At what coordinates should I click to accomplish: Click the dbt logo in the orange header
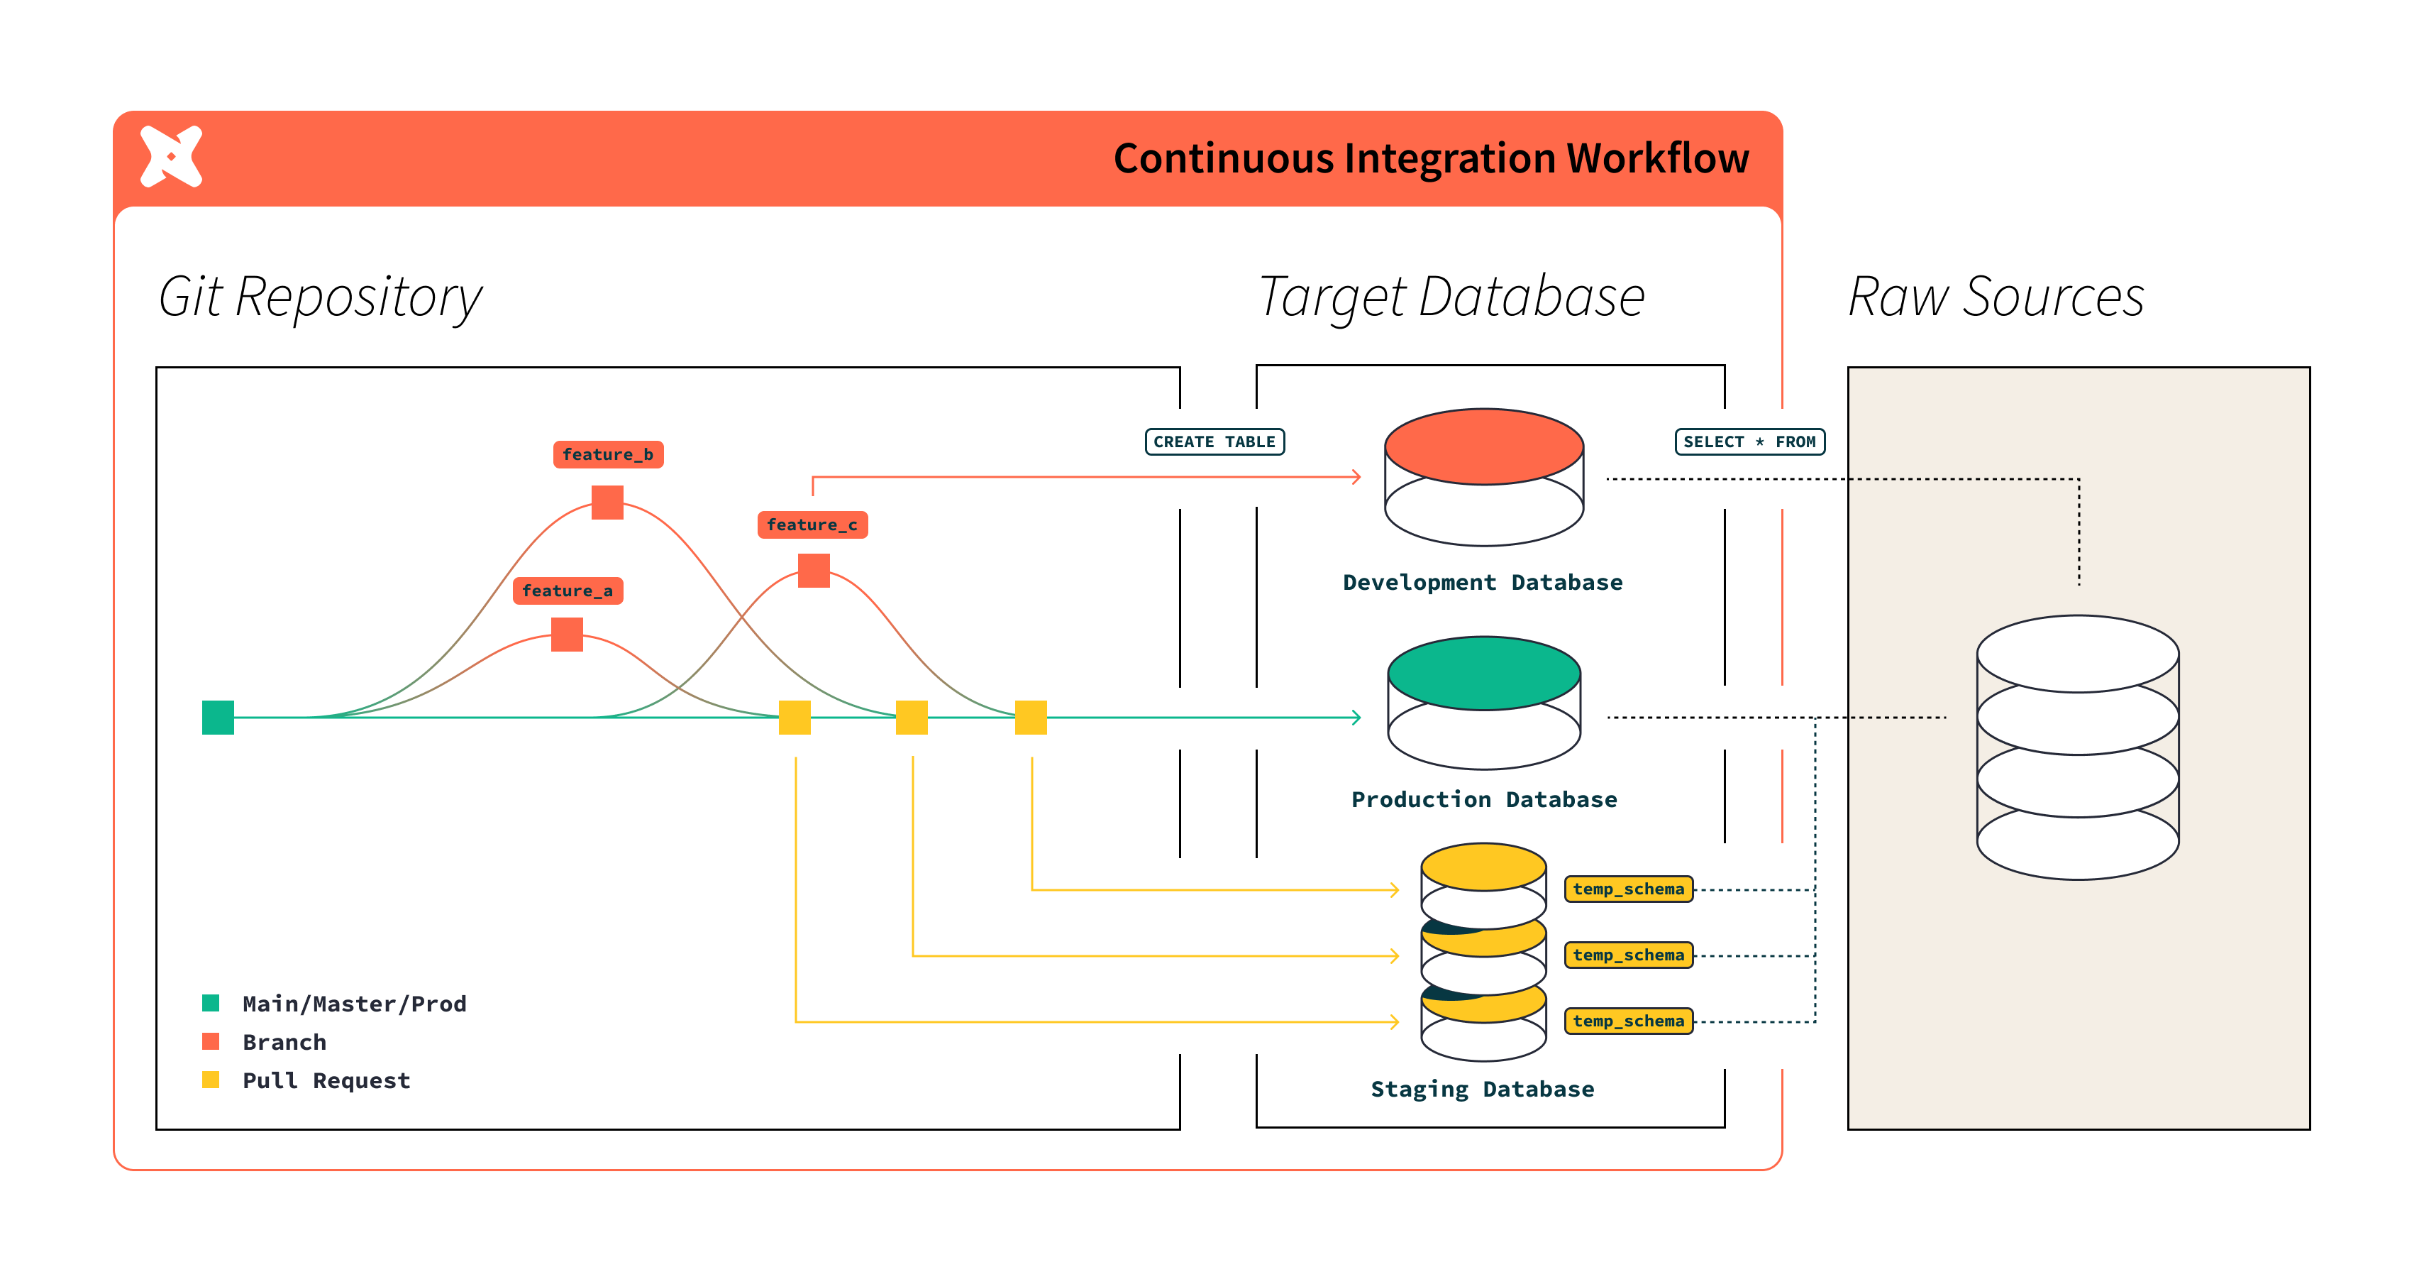pyautogui.click(x=171, y=156)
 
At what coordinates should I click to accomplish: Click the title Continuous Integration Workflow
pyautogui.click(x=1430, y=158)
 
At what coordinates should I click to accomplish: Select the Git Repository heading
pyautogui.click(x=320, y=297)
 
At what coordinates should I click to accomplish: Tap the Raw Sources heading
pyautogui.click(x=1996, y=297)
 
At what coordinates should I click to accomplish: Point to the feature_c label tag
pyautogui.click(x=812, y=525)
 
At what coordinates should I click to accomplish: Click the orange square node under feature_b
pyautogui.click(x=608, y=503)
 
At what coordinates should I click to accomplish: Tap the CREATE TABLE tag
pyautogui.click(x=1214, y=442)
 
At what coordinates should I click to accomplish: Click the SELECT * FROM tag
pyautogui.click(x=1749, y=442)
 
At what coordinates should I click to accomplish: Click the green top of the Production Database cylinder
pyautogui.click(x=1484, y=672)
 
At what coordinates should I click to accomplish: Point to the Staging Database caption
pyautogui.click(x=1482, y=1089)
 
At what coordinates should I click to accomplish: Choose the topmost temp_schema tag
pyautogui.click(x=1628, y=889)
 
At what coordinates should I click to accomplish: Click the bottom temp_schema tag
pyautogui.click(x=1628, y=1021)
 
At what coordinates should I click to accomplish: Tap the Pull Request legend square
pyautogui.click(x=211, y=1080)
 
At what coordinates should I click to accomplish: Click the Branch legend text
pyautogui.click(x=284, y=1042)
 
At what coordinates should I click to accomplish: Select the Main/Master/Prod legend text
pyautogui.click(x=354, y=1004)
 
